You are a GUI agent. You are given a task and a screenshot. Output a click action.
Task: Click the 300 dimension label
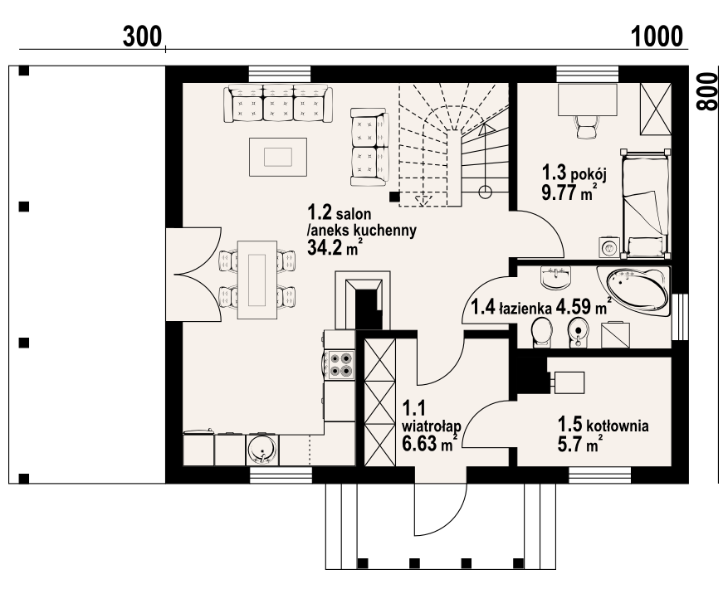[143, 37]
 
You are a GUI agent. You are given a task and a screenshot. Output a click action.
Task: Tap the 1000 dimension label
[657, 37]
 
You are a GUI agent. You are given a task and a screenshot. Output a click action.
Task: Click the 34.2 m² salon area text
[335, 247]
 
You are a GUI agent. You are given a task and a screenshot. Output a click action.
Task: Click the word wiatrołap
[432, 426]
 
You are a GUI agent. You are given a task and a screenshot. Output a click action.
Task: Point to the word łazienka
[525, 308]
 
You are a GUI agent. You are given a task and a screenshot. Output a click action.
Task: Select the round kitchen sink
[262, 449]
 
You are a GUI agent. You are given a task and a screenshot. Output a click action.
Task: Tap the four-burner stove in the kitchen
[340, 365]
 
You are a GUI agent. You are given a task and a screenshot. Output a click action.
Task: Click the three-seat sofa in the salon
[278, 104]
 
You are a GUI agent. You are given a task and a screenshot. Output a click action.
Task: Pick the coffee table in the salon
[278, 157]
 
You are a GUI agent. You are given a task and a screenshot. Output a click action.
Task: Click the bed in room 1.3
[645, 203]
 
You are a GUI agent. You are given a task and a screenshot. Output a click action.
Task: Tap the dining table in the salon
[257, 280]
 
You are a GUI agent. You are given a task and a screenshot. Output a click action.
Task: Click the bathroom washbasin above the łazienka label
[555, 277]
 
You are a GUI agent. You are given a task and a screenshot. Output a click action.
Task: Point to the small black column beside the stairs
[394, 197]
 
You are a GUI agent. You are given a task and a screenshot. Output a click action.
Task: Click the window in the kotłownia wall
[600, 475]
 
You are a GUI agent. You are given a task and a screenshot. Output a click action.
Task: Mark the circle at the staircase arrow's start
[485, 191]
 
